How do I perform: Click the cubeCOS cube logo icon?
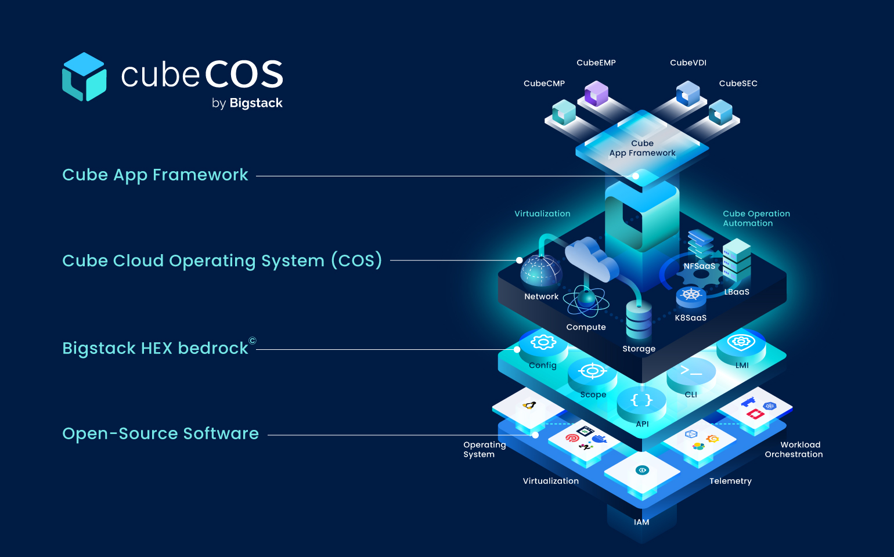[x=84, y=77]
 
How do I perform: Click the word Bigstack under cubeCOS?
[x=256, y=103]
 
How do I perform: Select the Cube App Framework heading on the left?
[x=155, y=175]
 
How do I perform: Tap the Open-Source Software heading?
[x=160, y=434]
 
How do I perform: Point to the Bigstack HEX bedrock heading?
[x=156, y=348]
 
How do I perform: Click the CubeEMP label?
[x=596, y=63]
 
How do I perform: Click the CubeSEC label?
[x=738, y=84]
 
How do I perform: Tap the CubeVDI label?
[x=688, y=63]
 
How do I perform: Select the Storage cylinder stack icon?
[x=639, y=319]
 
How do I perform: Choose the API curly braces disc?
[x=641, y=401]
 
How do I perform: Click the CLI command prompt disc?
[x=691, y=372]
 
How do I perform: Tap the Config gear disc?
[x=543, y=343]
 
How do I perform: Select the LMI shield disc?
[x=741, y=343]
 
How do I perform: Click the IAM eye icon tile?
[x=642, y=471]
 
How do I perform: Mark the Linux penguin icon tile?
[x=529, y=406]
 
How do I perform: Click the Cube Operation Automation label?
[x=756, y=218]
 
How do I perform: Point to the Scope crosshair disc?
[x=592, y=372]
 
